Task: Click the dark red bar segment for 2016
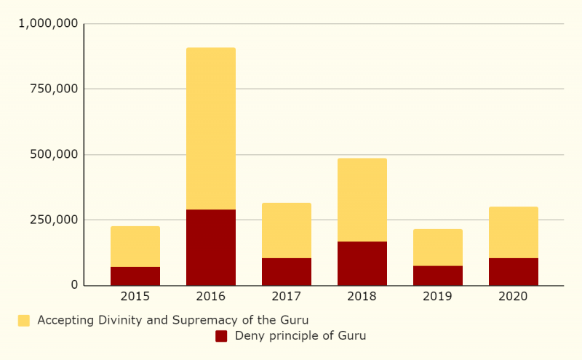211,247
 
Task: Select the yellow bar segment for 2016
211,129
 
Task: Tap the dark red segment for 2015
135,276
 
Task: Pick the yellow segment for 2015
135,247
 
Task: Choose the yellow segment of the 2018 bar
362,200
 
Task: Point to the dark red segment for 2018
362,263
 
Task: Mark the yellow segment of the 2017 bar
287,231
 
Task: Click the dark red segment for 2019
438,276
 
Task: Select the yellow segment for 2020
514,233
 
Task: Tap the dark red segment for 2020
514,271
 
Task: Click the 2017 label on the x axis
287,297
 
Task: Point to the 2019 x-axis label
438,297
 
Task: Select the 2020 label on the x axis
514,297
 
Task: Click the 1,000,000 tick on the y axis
48,24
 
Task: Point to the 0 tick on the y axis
74,285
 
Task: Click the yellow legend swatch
24,321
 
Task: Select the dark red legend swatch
221,336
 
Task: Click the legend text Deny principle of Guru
300,336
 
